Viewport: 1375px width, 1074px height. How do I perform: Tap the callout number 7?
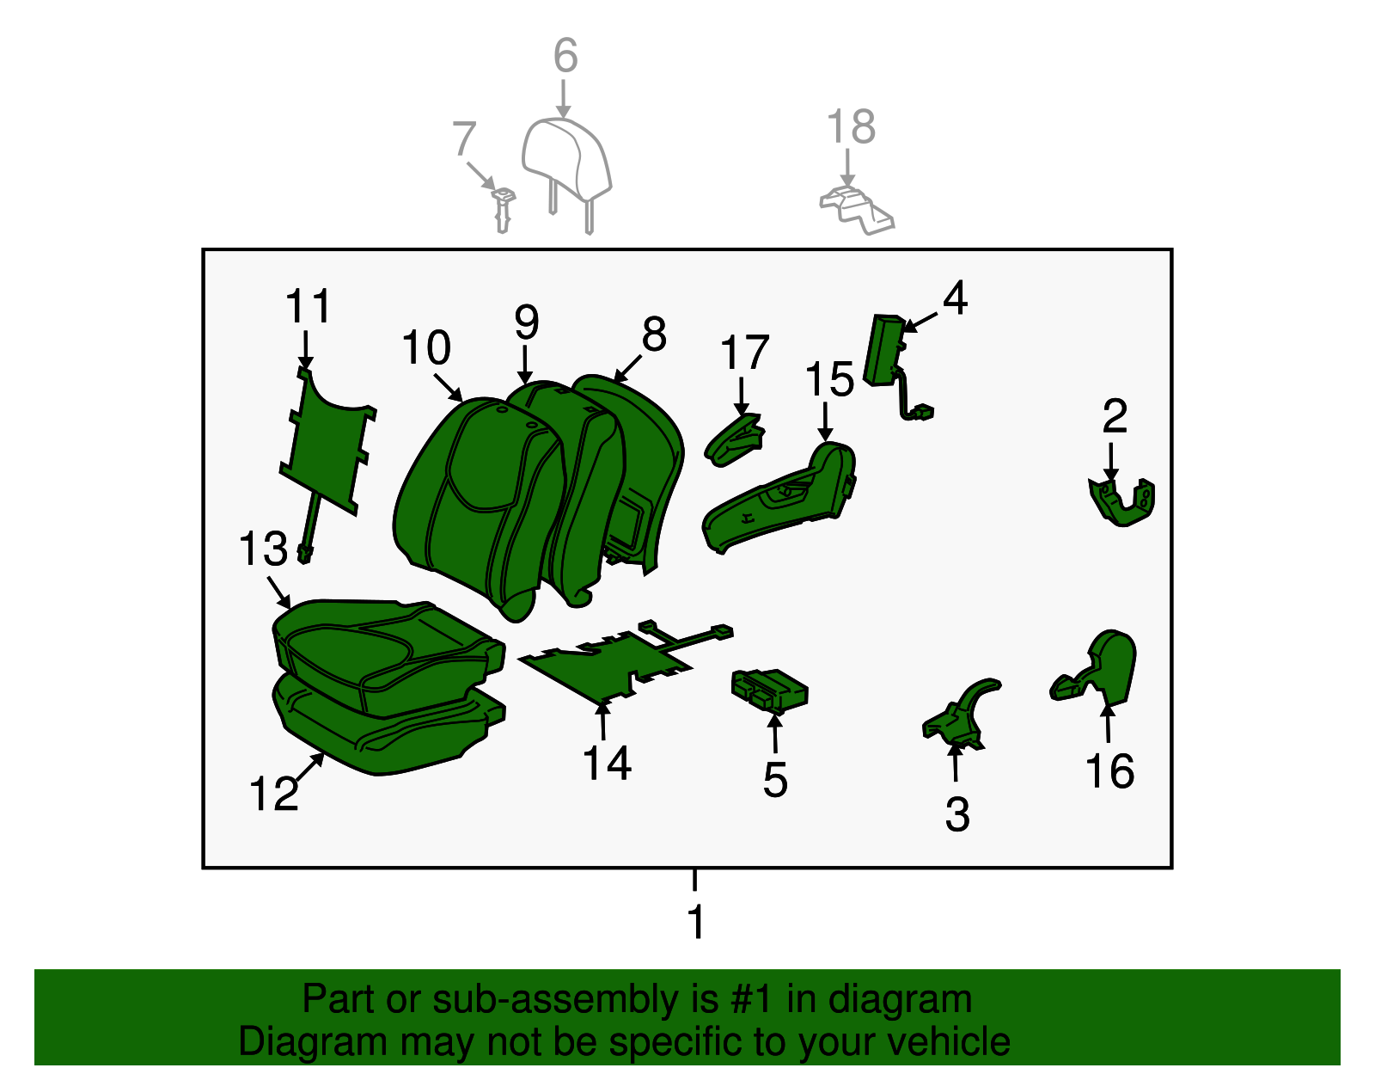pos(464,138)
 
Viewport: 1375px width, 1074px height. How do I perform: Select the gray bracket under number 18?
pos(857,210)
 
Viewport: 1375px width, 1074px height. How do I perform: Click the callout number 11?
pos(309,306)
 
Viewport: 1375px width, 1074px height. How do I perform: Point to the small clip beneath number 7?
pos(504,210)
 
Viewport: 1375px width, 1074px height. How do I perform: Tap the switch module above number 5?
pos(769,690)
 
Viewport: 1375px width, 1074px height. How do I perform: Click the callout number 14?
pos(607,764)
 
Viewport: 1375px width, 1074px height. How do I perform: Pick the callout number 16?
pos(1109,771)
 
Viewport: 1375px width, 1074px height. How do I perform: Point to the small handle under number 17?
pos(735,440)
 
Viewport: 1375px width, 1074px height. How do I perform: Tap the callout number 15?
pos(829,379)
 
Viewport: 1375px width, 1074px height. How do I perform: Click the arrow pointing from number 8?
pos(627,369)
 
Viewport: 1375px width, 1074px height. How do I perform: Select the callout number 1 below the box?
pos(696,922)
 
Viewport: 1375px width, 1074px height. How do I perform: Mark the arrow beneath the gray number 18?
pos(847,168)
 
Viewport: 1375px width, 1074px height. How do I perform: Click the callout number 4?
pos(955,298)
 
